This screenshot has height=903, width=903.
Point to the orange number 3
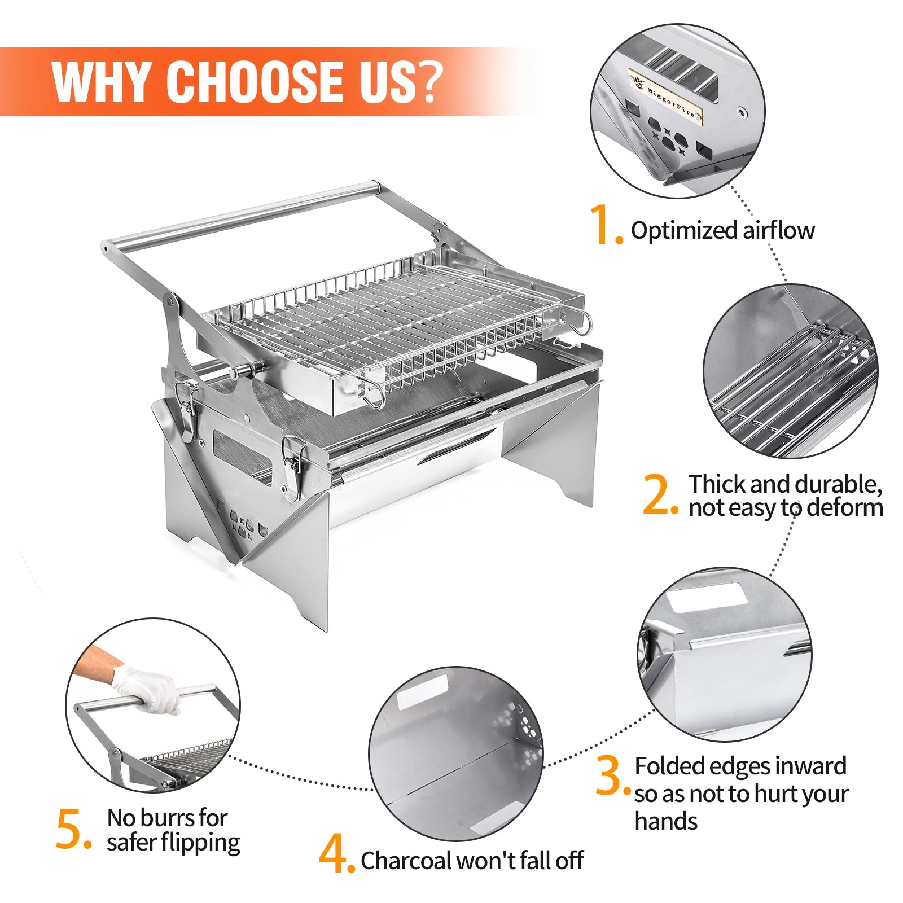612,775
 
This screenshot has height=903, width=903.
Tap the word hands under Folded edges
666,821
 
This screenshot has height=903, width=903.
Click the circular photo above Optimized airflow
678,111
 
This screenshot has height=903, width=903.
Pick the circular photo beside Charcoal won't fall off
456,754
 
